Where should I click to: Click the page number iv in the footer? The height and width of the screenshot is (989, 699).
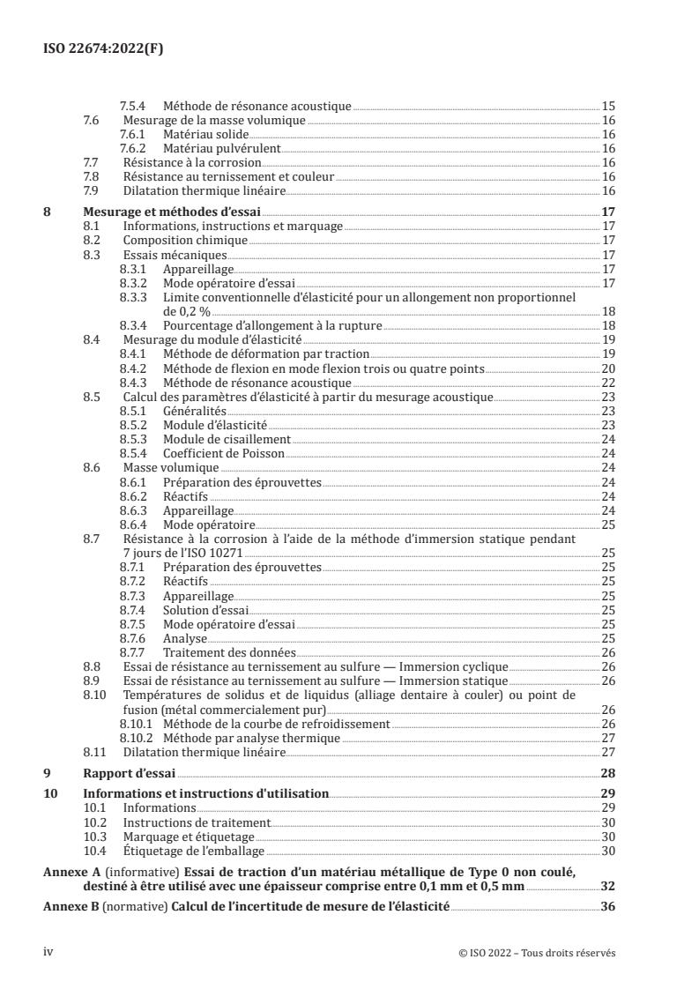pyautogui.click(x=49, y=951)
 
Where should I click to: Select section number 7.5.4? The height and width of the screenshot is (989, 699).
pyautogui.click(x=133, y=106)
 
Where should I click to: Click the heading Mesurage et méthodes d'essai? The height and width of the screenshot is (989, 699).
pyautogui.click(x=172, y=212)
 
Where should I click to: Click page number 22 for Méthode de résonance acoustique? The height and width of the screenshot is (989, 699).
pyautogui.click(x=608, y=383)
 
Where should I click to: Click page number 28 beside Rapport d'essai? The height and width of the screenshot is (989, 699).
pyautogui.click(x=608, y=774)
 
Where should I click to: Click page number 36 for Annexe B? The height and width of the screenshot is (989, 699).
pyautogui.click(x=608, y=907)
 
